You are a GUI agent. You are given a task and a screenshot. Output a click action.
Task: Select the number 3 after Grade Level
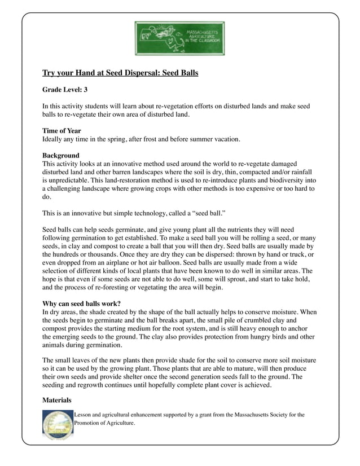[x=85, y=90]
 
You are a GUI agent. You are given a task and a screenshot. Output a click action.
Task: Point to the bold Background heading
[x=61, y=155]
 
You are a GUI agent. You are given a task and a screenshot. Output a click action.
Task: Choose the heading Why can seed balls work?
[x=81, y=303]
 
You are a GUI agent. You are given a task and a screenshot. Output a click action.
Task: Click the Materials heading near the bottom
[x=57, y=400]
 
